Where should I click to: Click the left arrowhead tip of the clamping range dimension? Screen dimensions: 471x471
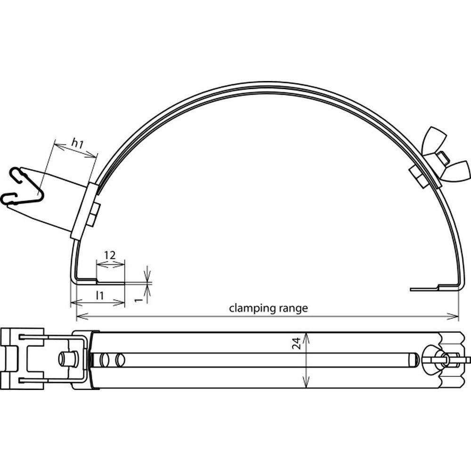click(77, 317)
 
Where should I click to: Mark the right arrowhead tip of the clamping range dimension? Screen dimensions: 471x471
click(459, 317)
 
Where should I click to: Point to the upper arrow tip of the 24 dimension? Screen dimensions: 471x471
click(306, 333)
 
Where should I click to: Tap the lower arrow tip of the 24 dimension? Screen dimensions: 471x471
click(306, 388)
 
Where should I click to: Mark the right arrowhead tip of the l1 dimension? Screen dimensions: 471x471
click(125, 303)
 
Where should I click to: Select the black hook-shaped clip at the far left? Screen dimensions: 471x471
click(23, 186)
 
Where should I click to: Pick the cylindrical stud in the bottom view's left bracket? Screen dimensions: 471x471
click(68, 359)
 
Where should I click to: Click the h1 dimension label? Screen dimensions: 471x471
click(77, 144)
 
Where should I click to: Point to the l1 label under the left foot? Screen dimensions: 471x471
click(100, 296)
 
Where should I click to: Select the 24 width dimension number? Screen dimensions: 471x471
click(296, 343)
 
